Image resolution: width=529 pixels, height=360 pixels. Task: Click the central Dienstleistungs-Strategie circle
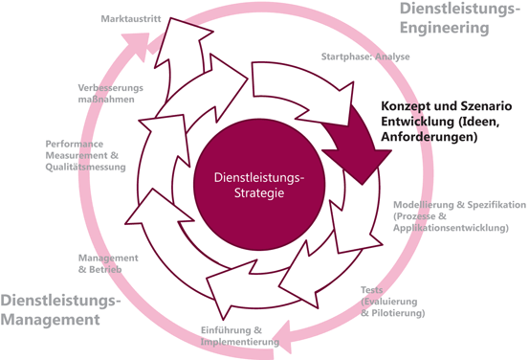250,182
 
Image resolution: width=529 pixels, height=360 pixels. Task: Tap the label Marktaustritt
130,19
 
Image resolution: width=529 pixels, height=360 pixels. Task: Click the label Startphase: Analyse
364,56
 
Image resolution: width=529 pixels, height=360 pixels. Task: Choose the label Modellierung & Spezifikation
459,205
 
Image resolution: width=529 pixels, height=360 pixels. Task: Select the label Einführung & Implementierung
239,336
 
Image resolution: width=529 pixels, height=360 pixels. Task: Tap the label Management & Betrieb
107,263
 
